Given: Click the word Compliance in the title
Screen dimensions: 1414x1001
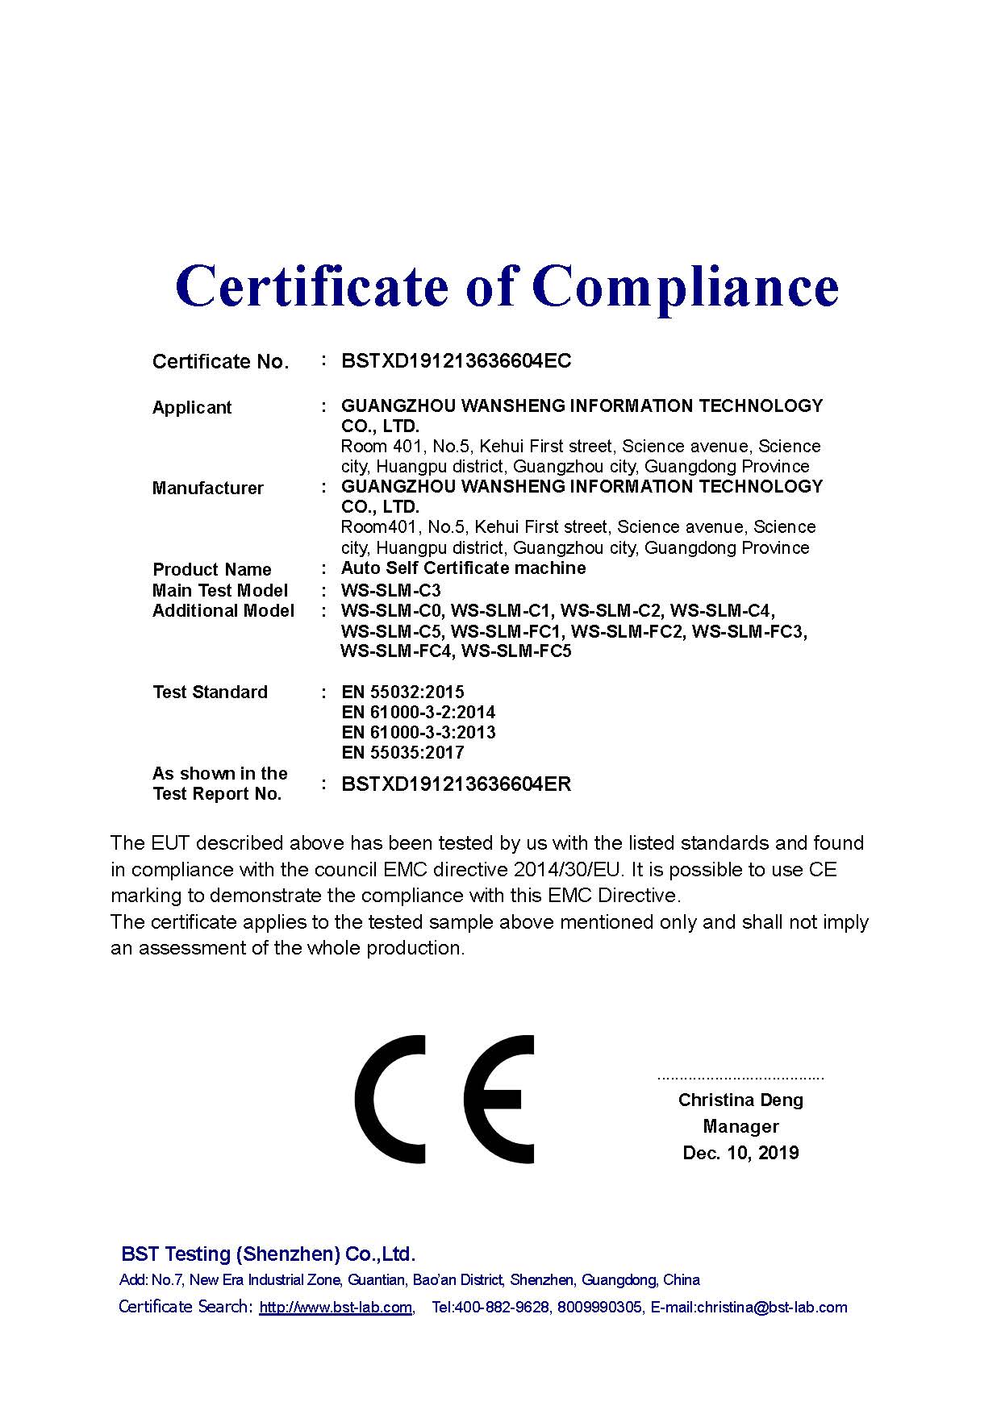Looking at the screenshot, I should click(685, 287).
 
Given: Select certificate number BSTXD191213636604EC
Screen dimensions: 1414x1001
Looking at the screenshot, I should click(456, 361).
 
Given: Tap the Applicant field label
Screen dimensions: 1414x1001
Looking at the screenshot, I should click(192, 408).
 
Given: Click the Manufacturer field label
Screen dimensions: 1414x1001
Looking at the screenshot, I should click(207, 489).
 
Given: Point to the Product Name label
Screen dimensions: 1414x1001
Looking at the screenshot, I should click(211, 570).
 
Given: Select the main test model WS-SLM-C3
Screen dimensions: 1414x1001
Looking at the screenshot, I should click(391, 590).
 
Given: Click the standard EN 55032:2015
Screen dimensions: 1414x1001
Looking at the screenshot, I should click(402, 692).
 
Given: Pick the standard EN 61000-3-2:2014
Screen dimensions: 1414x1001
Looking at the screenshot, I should click(418, 713).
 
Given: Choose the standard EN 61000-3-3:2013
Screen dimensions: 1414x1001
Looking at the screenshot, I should click(418, 733).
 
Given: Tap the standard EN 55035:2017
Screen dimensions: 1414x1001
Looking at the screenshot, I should click(402, 753).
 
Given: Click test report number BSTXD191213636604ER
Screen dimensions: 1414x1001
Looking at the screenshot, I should click(456, 784).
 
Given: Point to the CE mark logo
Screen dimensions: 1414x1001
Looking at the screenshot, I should click(444, 1100).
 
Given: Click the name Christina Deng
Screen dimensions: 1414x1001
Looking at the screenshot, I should click(740, 1100).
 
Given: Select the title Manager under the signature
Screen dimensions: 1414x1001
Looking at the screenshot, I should click(740, 1127).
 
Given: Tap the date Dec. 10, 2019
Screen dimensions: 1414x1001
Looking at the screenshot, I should click(740, 1154).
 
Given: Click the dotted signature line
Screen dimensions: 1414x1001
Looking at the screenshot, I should click(740, 1078).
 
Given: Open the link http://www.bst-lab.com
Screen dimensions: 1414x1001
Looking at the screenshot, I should click(336, 1308).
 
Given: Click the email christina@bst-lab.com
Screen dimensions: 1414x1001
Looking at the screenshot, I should click(772, 1308).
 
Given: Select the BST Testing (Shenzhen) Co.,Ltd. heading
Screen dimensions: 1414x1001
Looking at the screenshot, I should click(268, 1254).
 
